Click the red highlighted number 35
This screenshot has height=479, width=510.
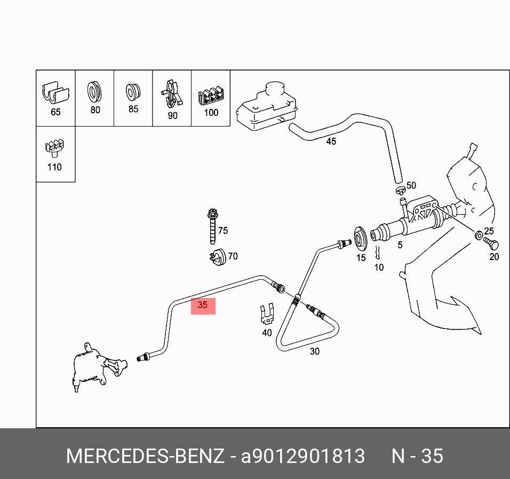[203, 306]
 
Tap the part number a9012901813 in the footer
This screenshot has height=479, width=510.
[303, 457]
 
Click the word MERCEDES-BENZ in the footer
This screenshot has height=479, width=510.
[145, 457]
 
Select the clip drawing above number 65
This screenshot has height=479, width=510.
[55, 93]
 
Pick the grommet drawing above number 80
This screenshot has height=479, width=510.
[94, 92]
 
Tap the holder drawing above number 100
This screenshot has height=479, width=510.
[211, 97]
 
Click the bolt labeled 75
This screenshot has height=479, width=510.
[211, 226]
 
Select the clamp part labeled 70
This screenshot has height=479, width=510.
[217, 257]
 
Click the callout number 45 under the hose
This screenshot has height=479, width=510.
[331, 142]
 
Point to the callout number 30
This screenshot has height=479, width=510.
[315, 351]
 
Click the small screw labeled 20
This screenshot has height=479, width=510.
[491, 245]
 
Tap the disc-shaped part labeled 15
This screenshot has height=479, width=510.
[360, 239]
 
